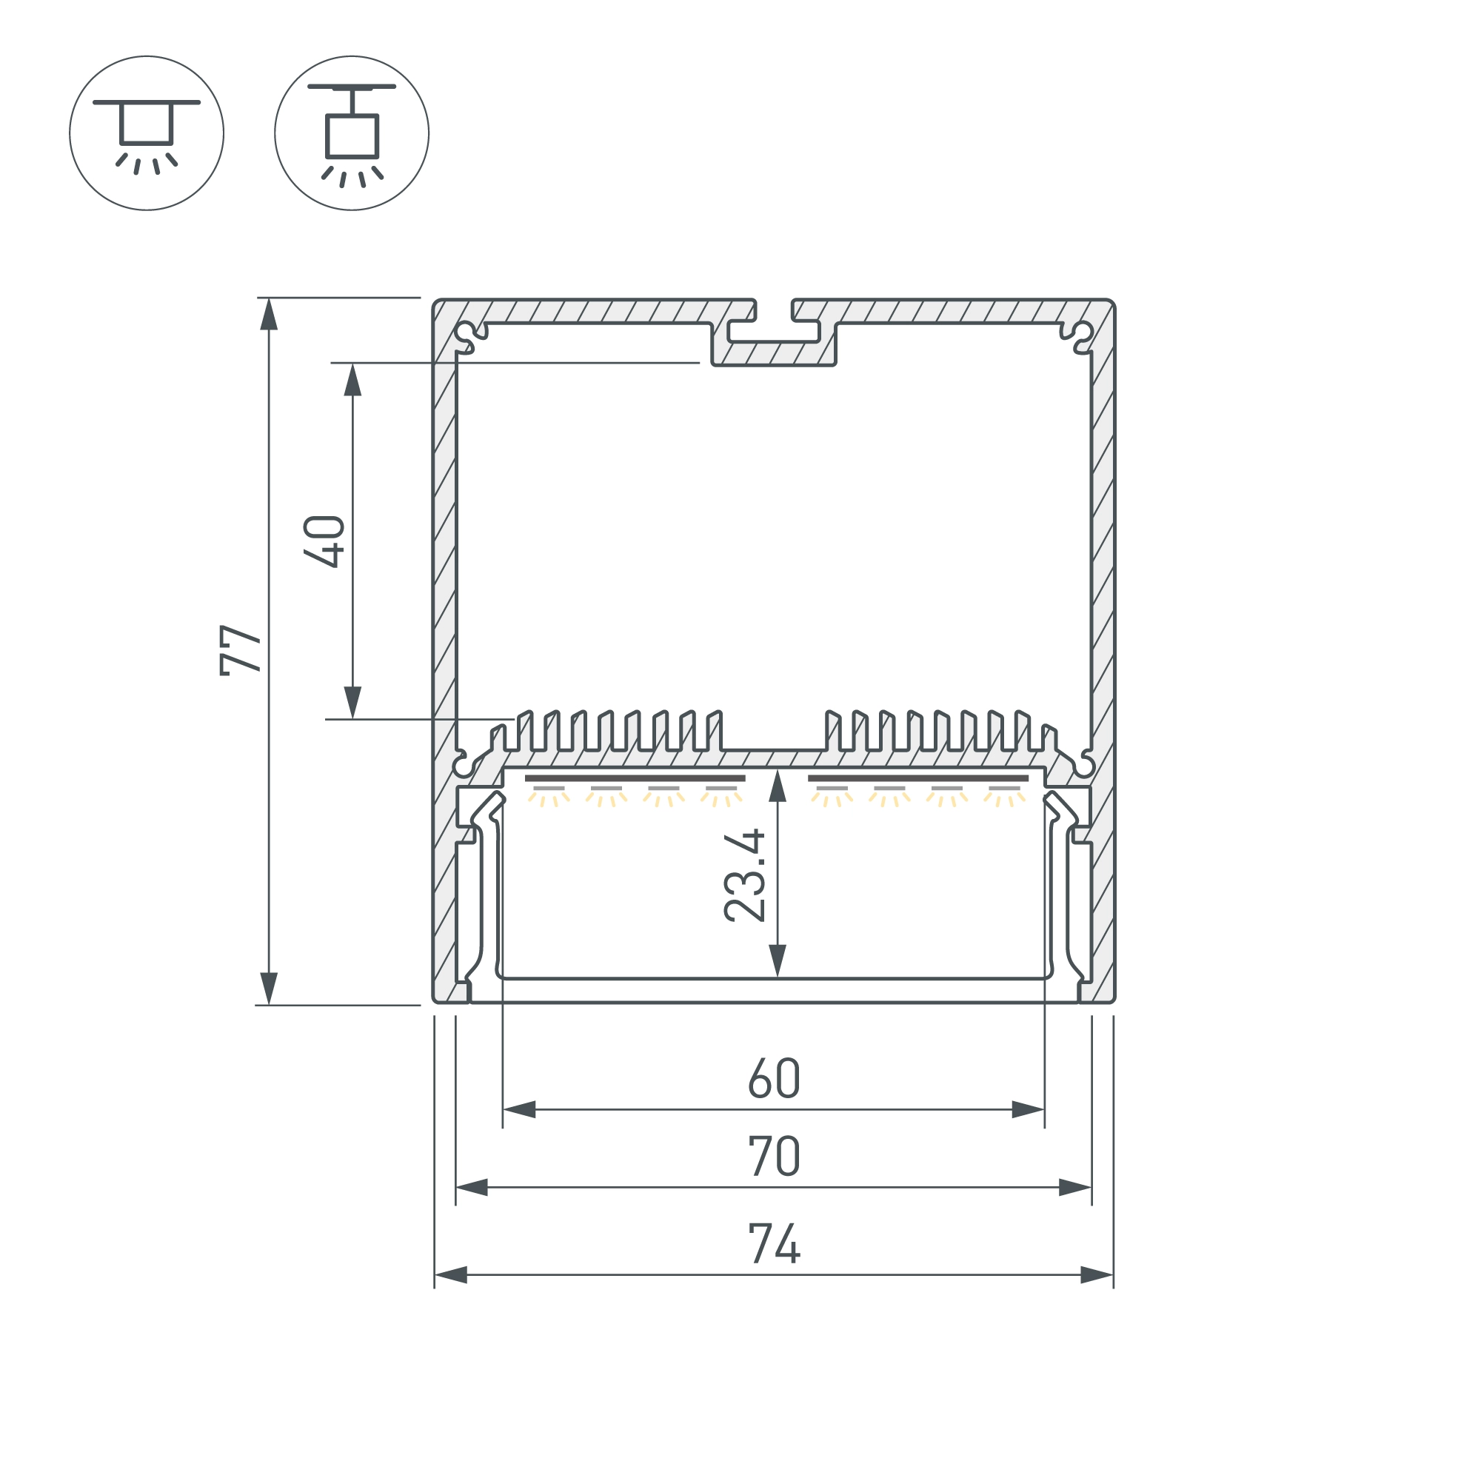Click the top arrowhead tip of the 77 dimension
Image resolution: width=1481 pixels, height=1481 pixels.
268,298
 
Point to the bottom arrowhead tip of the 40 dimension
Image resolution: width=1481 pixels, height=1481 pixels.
352,719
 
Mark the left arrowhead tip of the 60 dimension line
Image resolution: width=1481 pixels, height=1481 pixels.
503,1109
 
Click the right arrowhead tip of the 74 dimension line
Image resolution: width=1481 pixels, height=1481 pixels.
1113,1276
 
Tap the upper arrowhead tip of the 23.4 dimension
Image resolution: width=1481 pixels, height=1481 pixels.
778,769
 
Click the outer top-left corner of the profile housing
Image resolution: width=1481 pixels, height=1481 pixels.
434,300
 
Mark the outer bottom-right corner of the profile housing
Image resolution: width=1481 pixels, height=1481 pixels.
1114,1002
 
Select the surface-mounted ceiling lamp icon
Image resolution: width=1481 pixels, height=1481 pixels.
147,133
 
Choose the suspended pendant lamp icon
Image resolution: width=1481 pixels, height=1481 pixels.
352,133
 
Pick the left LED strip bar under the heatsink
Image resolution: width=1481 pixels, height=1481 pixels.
635,778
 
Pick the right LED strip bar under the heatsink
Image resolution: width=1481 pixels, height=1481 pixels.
918,778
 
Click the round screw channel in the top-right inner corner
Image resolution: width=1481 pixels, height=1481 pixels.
1082,333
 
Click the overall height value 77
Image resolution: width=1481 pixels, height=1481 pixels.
241,650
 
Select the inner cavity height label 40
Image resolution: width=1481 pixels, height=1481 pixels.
324,542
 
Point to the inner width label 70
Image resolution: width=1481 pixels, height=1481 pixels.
775,1156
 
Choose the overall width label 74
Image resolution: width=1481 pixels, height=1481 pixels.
775,1243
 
